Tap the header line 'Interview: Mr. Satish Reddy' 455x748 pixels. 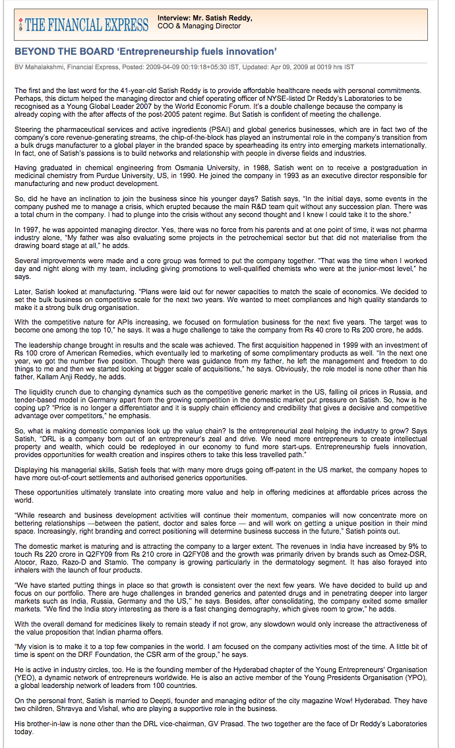click(x=205, y=18)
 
